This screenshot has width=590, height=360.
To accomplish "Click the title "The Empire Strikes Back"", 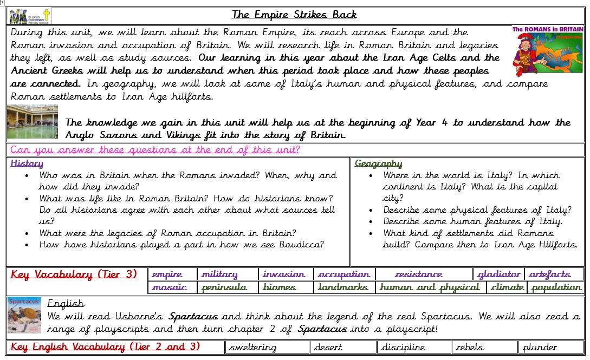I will [294, 15].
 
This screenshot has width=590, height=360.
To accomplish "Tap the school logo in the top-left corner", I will [29, 15].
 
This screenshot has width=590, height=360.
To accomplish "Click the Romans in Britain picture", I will [547, 51].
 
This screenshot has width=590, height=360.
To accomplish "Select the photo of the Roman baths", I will [33, 122].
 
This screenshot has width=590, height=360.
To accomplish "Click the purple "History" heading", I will [27, 163].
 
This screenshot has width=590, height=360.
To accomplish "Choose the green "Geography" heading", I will [378, 163].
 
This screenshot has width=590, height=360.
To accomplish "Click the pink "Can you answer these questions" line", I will [155, 150].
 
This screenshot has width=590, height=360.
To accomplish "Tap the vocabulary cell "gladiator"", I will [498, 274].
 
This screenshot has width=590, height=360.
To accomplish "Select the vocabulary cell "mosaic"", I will [169, 287].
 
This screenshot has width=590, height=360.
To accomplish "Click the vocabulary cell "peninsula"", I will [224, 287].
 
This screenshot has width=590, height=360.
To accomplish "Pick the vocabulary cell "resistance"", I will [418, 274].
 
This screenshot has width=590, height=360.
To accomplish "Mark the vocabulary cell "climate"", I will [507, 287].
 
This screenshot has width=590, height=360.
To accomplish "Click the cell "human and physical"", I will [429, 287].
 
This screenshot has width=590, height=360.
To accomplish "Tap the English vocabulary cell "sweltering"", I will [252, 348].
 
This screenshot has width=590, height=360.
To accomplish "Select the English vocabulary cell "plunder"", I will [539, 348].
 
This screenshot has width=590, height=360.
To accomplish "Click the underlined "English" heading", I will [66, 303].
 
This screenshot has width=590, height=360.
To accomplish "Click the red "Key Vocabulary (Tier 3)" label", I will [74, 274].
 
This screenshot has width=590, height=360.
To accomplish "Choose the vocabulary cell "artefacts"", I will [549, 274].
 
